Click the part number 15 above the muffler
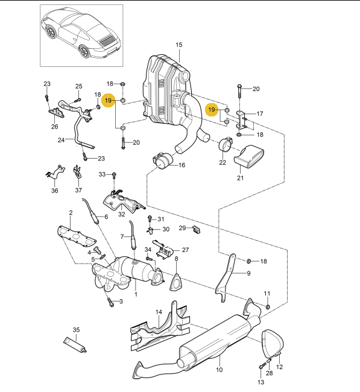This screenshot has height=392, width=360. click(178, 45)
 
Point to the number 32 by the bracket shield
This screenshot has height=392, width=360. click(121, 213)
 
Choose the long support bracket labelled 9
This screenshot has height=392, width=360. click(228, 277)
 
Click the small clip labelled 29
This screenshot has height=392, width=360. click(197, 229)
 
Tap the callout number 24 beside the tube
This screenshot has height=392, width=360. click(61, 140)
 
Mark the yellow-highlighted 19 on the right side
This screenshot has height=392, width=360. click(212, 110)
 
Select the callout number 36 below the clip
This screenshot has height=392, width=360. click(55, 191)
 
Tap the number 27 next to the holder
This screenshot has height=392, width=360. click(185, 250)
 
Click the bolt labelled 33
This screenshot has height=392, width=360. click(116, 176)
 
